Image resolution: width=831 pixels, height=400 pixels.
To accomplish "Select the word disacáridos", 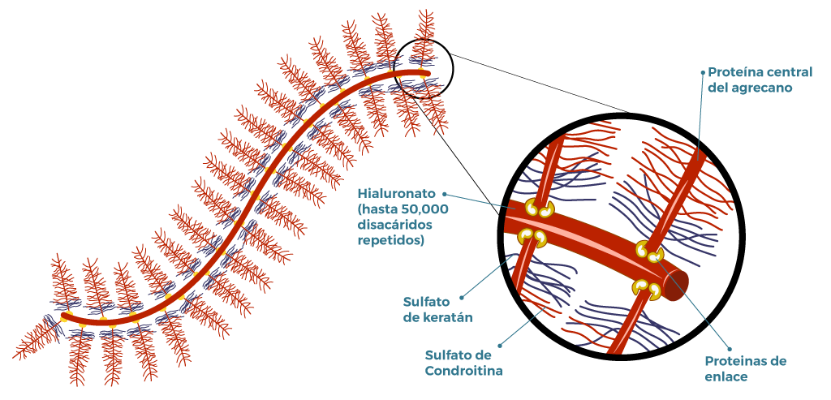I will pos(395,225).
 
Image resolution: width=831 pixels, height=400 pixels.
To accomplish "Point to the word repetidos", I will pos(390,240).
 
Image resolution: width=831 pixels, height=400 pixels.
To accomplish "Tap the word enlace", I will pos(726,376).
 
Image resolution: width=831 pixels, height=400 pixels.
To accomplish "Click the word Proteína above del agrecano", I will pos(735,71).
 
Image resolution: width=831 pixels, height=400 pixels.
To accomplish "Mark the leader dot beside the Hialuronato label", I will pos(444,194).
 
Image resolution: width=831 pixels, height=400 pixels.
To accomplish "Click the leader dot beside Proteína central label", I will pos(702,71).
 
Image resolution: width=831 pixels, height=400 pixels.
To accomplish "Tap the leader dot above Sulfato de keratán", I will pos(462,298).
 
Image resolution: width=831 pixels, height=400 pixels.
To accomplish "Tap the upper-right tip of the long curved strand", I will pos(427,73).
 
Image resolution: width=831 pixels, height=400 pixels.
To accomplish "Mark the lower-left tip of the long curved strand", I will pos(63,315).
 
